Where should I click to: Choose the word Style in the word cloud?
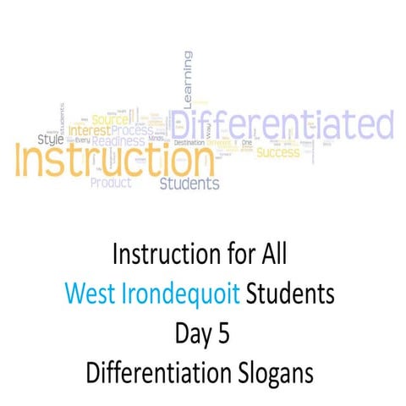pos(51,138)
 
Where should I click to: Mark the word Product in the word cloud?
pos(112,181)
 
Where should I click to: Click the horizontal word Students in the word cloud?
pos(190,183)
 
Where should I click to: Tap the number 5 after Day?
pos(223,333)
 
